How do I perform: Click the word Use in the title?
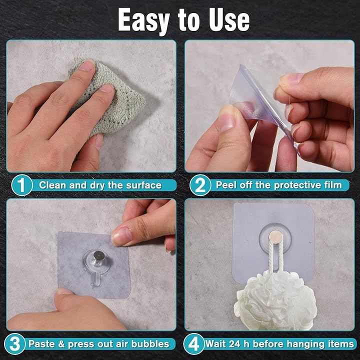[x=229, y=19]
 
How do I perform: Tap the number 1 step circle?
[x=22, y=185]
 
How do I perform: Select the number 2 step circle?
[x=200, y=185]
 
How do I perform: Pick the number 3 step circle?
[x=15, y=343]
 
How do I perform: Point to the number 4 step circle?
[x=194, y=343]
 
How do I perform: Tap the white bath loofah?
[x=275, y=301]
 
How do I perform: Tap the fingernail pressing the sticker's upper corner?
[x=121, y=236]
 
